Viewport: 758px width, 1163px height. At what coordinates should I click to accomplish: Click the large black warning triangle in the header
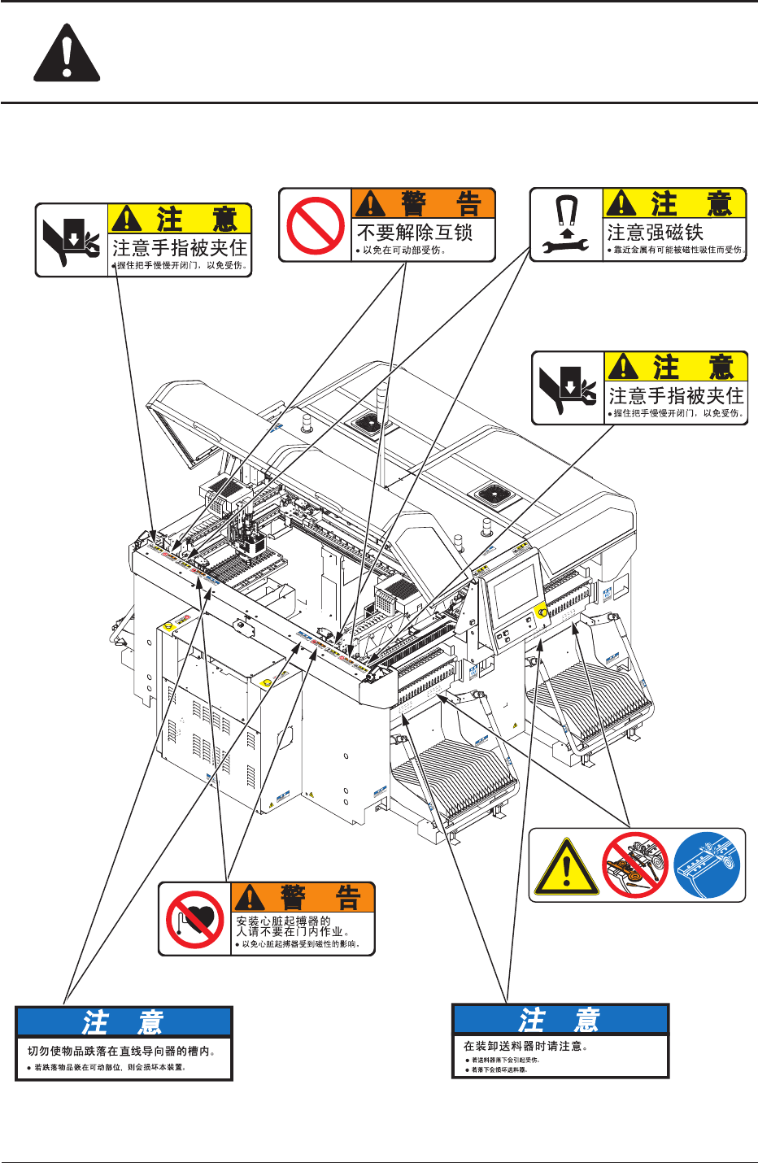(x=67, y=54)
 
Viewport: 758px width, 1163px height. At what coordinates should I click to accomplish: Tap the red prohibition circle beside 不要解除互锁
(x=316, y=225)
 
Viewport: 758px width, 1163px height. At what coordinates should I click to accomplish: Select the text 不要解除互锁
(x=415, y=233)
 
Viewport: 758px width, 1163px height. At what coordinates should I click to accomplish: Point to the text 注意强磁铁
(x=656, y=233)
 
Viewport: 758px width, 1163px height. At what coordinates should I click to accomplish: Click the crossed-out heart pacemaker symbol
(x=196, y=919)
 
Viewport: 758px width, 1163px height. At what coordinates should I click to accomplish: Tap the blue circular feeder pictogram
(x=707, y=865)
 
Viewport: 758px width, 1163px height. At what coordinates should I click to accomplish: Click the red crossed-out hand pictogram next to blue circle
(x=635, y=865)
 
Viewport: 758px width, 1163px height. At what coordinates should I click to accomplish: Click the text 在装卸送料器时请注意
(x=525, y=1046)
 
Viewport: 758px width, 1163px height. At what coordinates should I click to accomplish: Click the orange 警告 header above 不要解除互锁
(x=423, y=204)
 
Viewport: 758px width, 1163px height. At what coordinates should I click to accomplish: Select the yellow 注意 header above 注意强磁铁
(x=674, y=203)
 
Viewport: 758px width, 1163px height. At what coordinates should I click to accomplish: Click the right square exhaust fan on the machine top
(x=493, y=494)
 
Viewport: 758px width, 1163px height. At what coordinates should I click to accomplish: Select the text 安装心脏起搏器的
(x=283, y=921)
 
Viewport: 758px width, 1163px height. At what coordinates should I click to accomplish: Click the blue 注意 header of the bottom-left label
(x=124, y=1021)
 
